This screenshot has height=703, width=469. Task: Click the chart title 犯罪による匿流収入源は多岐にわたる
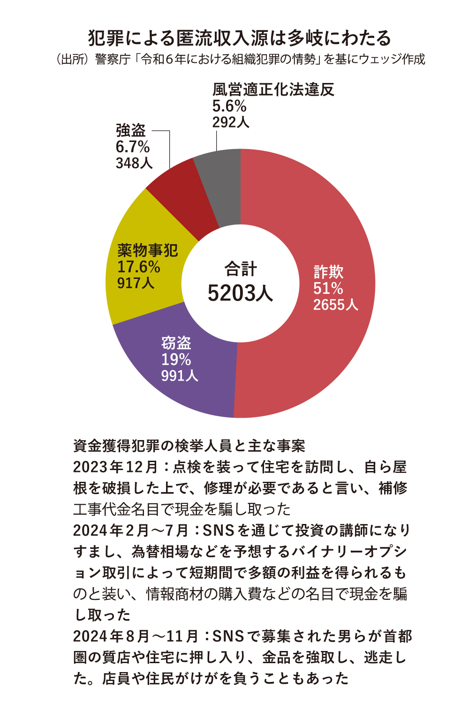[239, 38]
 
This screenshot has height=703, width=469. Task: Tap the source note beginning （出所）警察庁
[239, 60]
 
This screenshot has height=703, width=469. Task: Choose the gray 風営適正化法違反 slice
[220, 183]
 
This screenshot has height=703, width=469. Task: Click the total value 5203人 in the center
[240, 293]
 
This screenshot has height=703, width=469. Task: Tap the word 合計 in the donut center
[240, 269]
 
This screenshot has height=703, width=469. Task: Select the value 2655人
[335, 305]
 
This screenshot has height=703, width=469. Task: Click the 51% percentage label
[328, 289]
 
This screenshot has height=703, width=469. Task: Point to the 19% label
[176, 360]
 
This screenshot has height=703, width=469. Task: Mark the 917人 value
[136, 283]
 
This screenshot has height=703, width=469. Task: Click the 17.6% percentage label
[138, 267]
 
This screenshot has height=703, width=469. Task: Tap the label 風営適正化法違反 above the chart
[273, 90]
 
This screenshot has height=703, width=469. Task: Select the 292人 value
[230, 122]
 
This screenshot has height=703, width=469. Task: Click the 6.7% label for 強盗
[132, 147]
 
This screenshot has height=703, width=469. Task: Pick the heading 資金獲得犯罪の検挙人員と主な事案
[189, 446]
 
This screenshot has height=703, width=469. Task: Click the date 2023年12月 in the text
[115, 467]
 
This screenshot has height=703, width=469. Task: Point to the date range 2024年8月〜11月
[136, 636]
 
